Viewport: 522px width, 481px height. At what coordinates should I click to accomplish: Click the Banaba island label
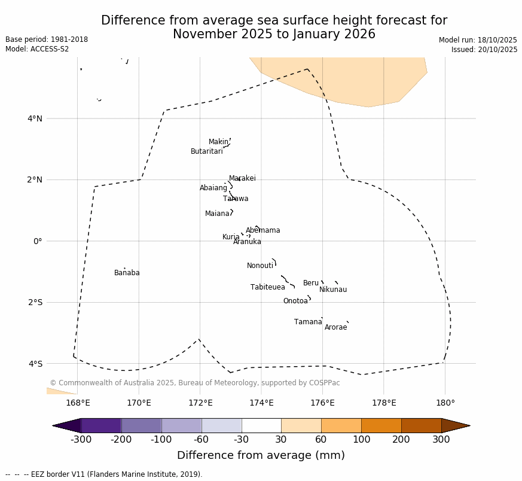tap(127, 273)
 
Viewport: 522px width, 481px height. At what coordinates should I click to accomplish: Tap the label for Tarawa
tap(236, 199)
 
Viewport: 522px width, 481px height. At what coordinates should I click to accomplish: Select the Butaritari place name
tap(206, 151)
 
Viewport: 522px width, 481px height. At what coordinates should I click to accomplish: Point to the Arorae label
tap(335, 327)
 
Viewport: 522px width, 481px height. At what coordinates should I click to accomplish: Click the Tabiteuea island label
tap(267, 287)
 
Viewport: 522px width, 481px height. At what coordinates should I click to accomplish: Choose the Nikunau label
tap(332, 290)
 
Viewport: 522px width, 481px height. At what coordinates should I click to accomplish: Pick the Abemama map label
tap(262, 230)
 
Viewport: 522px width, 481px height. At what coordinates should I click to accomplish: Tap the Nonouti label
tap(260, 266)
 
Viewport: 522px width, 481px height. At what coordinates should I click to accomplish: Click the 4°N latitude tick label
tap(35, 118)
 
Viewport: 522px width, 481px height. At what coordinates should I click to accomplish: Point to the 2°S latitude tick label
tap(35, 302)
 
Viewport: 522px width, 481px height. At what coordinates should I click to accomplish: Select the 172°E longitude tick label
tap(200, 403)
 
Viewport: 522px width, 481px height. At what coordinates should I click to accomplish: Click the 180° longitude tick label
tap(445, 403)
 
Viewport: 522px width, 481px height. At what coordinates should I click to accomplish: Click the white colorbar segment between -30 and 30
tap(261, 425)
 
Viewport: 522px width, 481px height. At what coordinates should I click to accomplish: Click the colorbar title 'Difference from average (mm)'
tap(261, 455)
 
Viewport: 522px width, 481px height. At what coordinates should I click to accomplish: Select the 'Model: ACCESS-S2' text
tap(38, 49)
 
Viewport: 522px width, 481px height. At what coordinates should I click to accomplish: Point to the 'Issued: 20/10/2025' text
tap(484, 50)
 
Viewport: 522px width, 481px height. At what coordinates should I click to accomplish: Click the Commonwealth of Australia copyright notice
tap(194, 383)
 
